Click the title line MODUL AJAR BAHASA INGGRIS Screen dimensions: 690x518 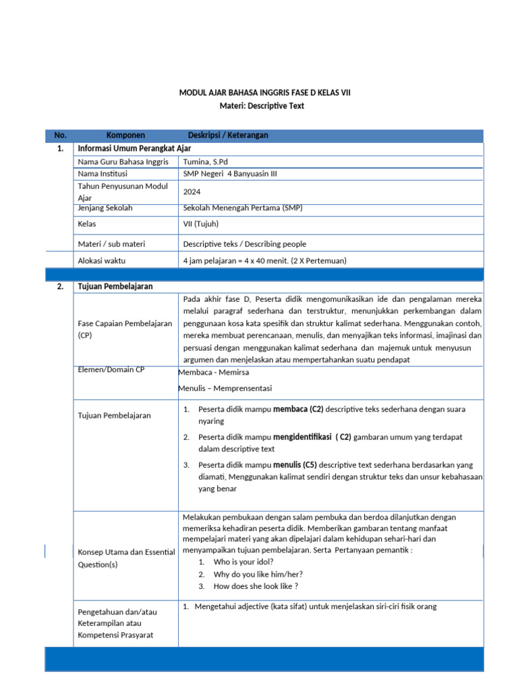[264, 92]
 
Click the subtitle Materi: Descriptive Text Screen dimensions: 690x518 [264, 106]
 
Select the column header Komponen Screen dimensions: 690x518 [125, 135]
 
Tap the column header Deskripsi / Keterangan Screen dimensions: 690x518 [228, 135]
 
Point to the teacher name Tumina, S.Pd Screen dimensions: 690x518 [207, 162]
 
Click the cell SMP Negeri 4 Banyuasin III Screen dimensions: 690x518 [230, 173]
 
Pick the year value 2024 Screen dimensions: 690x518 [192, 191]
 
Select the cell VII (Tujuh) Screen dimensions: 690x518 [201, 224]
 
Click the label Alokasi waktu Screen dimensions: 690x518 [102, 260]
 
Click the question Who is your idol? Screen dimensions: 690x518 [243, 561]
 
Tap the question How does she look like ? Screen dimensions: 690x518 [256, 586]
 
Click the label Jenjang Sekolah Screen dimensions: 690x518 [105, 208]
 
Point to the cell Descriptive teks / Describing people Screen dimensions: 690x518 [249, 244]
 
